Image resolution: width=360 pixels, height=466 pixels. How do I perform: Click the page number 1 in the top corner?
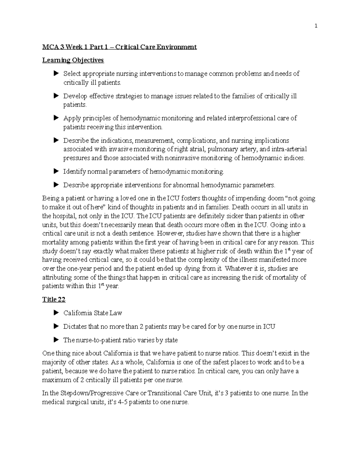click(x=316, y=26)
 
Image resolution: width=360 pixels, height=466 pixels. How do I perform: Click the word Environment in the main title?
click(x=179, y=47)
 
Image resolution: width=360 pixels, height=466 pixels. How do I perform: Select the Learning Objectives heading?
click(x=73, y=60)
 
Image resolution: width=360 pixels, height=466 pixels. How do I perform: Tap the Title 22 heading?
click(x=54, y=299)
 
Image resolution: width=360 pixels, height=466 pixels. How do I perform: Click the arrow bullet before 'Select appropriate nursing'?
click(x=55, y=73)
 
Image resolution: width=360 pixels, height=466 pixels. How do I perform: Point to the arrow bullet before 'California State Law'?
click(x=55, y=313)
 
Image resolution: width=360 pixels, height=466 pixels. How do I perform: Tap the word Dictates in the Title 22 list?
click(x=75, y=326)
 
